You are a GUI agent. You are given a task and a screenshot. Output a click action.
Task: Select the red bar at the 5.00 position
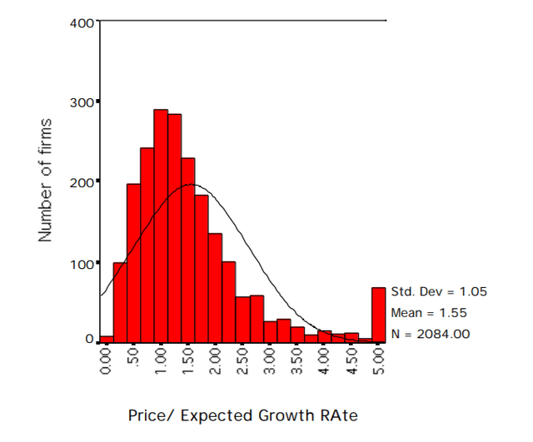[378, 315]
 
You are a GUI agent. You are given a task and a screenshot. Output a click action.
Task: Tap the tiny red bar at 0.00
[107, 339]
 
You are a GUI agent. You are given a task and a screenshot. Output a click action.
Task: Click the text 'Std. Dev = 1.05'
[438, 292]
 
